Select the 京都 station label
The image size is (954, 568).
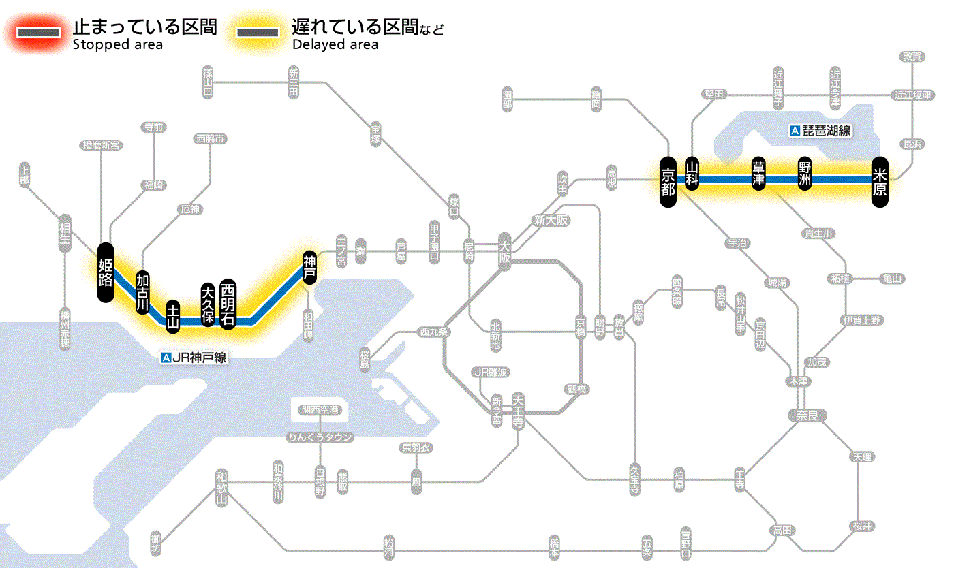[x=668, y=180]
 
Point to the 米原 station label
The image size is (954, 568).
[x=880, y=180]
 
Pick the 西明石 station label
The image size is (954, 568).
[x=228, y=304]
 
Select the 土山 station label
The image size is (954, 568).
[x=174, y=317]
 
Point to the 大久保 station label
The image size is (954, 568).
[x=208, y=304]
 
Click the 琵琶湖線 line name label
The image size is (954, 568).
[x=820, y=131]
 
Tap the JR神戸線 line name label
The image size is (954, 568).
[x=194, y=358]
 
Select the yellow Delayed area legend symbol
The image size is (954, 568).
[x=258, y=33]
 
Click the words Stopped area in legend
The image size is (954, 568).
[x=117, y=45]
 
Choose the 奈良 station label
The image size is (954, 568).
[x=806, y=415]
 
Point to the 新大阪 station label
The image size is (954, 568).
[x=551, y=220]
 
